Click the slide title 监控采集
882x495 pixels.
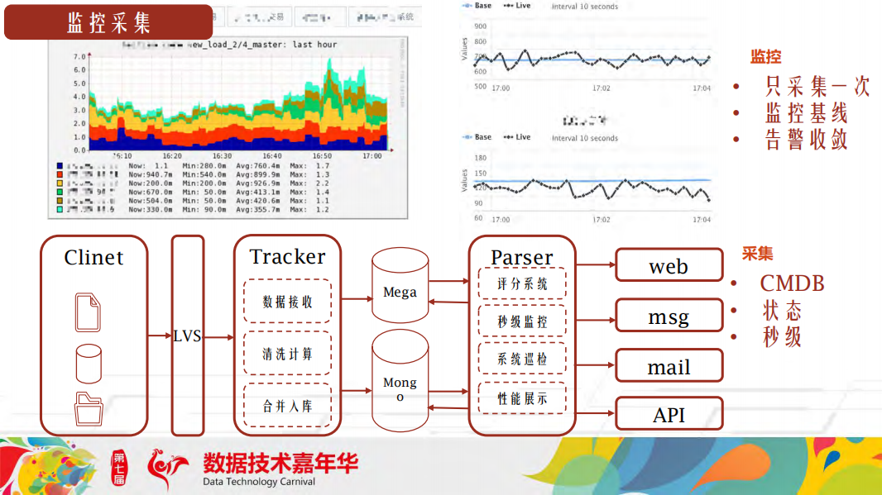click(x=108, y=22)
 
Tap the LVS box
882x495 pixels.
click(x=187, y=336)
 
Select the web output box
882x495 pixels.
click(x=669, y=266)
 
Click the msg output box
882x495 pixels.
click(x=669, y=317)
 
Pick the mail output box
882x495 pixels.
click(x=669, y=367)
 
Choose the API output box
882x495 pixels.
click(x=669, y=414)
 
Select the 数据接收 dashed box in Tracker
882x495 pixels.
click(x=287, y=302)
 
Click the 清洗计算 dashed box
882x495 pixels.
click(x=287, y=354)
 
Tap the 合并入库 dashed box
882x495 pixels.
click(x=287, y=406)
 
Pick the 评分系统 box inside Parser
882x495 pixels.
click(x=522, y=284)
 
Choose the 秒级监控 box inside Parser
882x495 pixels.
click(x=522, y=321)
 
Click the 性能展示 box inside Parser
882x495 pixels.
click(x=522, y=398)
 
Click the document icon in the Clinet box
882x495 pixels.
click(x=89, y=312)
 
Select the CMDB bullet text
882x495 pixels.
click(x=792, y=283)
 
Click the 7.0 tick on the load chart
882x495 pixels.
click(x=79, y=56)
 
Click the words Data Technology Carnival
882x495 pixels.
click(x=259, y=482)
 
